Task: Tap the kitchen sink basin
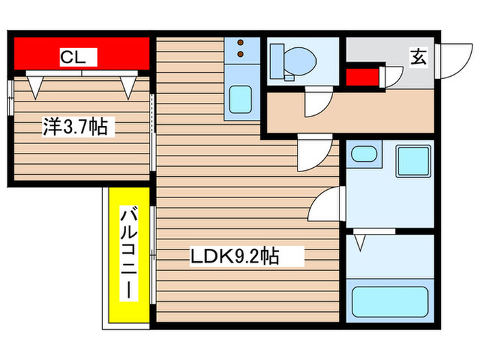(x=241, y=100)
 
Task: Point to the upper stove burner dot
(x=241, y=43)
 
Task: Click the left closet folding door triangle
(x=35, y=85)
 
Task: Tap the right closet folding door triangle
(x=128, y=85)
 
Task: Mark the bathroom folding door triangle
(x=360, y=241)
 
